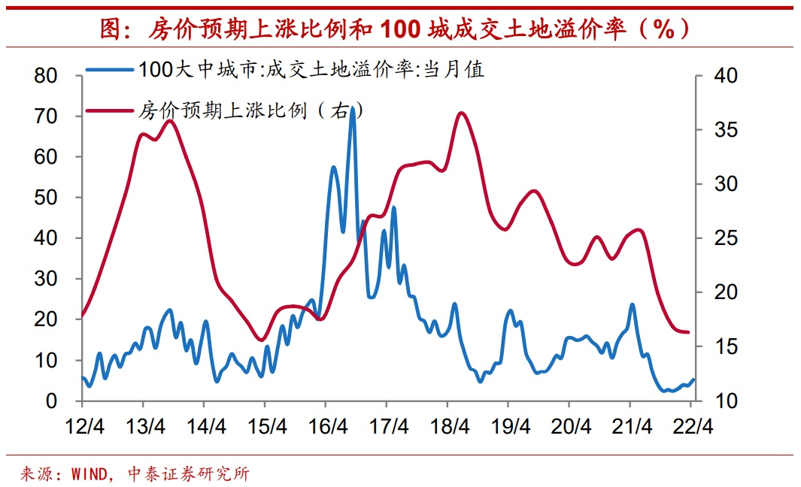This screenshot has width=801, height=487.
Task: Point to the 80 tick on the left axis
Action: coord(47,76)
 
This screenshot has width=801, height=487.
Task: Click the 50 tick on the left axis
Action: coord(47,198)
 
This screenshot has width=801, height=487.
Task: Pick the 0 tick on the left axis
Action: coord(52,401)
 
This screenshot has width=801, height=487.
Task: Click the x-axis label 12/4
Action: coord(85,426)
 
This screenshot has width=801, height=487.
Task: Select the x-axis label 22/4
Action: coord(693,426)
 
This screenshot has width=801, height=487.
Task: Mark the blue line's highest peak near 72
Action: coord(352,108)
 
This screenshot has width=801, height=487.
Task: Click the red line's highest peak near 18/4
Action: coord(461,113)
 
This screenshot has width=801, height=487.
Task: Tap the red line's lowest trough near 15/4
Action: coord(261,340)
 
